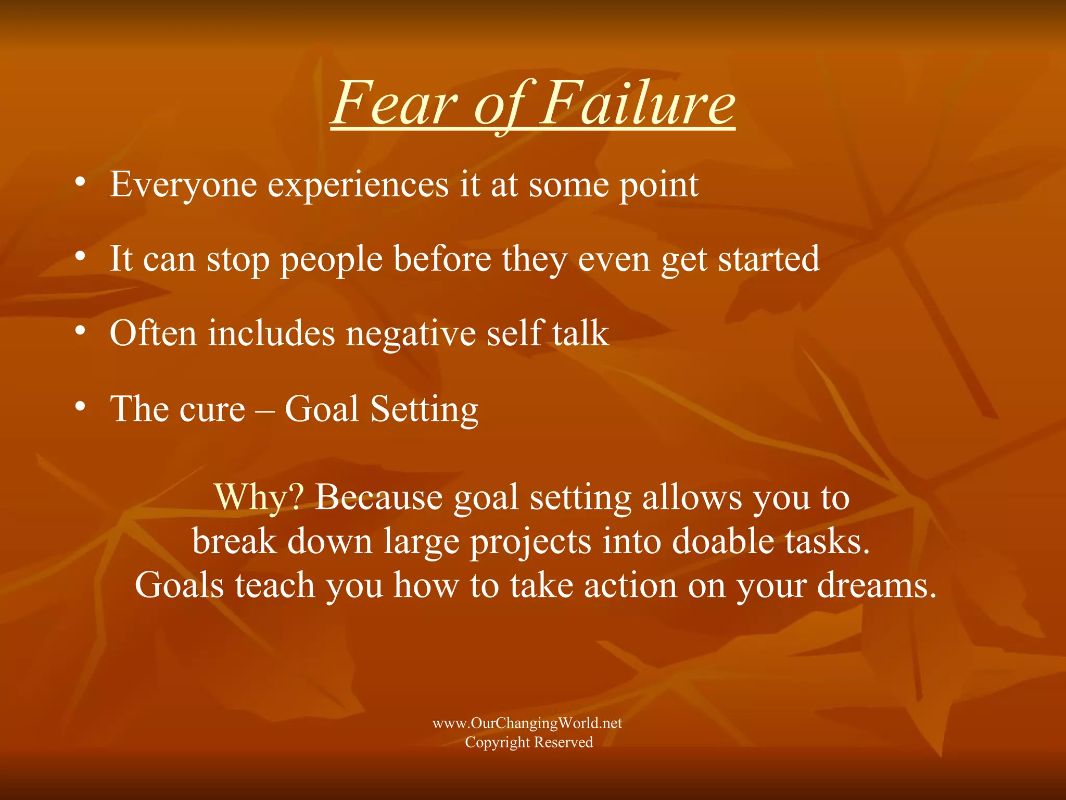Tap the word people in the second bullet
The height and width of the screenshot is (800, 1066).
pos(332,260)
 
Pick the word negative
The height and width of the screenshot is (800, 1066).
pos(411,334)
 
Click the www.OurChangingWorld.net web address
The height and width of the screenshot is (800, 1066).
pos(527,723)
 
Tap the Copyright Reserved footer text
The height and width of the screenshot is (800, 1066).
pos(529,742)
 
